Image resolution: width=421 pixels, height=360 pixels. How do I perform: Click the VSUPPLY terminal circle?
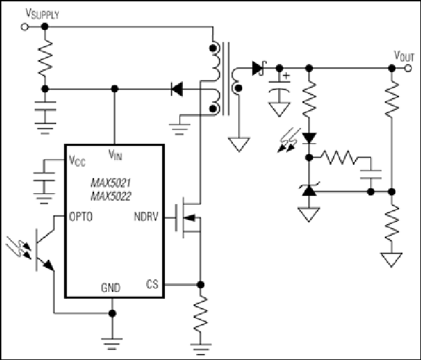pyautogui.click(x=25, y=27)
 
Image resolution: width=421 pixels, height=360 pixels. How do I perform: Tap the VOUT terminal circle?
pyautogui.click(x=408, y=68)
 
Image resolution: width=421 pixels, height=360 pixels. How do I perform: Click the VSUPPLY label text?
pyautogui.click(x=42, y=13)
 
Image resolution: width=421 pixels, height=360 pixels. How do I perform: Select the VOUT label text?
pyautogui.click(x=404, y=56)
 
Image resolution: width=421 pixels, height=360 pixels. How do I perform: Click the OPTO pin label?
pyautogui.click(x=81, y=217)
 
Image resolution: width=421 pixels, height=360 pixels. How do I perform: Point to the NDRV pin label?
pyautogui.click(x=146, y=217)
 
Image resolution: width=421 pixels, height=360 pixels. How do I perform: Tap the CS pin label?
pyautogui.click(x=152, y=284)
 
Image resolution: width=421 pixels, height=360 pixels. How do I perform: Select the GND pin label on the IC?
pyautogui.click(x=111, y=287)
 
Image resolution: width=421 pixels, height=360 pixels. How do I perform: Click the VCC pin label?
pyautogui.click(x=77, y=161)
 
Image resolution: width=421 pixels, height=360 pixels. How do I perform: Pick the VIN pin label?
pyautogui.click(x=115, y=155)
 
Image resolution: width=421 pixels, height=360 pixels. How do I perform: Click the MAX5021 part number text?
pyautogui.click(x=111, y=183)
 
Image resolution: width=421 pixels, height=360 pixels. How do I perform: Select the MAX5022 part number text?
pyautogui.click(x=111, y=197)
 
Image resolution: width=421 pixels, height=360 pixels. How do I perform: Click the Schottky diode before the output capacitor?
pyautogui.click(x=259, y=68)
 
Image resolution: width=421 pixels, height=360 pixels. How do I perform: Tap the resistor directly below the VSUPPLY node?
pyautogui.click(x=45, y=59)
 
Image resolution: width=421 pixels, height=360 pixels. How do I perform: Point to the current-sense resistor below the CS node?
pyautogui.click(x=200, y=313)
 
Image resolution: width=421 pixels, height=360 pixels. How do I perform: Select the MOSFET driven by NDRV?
pyautogui.click(x=188, y=217)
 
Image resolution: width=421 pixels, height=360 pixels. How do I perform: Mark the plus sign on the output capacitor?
pyautogui.click(x=287, y=75)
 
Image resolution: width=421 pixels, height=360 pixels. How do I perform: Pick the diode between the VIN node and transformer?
pyautogui.click(x=177, y=89)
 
